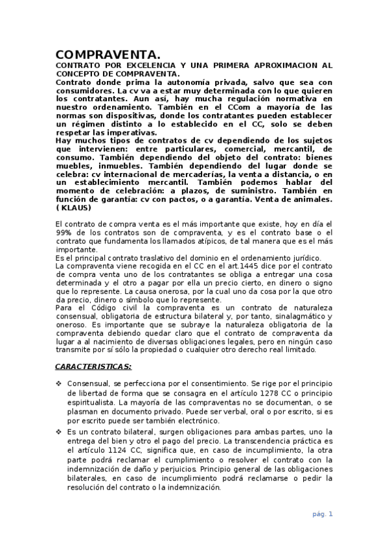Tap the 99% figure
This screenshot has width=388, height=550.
tap(64, 233)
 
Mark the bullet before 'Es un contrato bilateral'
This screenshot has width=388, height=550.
tap(59, 431)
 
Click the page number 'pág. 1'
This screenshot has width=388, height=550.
tap(322, 514)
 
